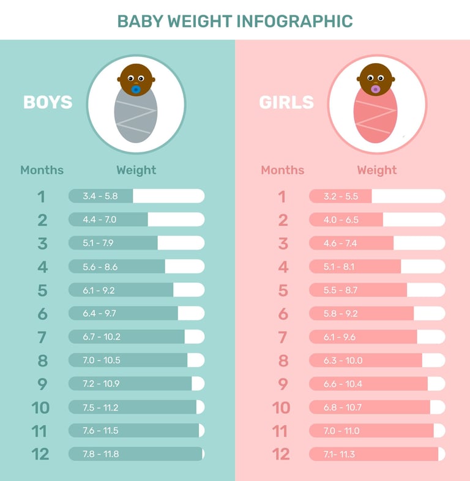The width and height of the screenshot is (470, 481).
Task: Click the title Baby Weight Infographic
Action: tap(235, 21)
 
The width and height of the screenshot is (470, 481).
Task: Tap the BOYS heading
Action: tap(48, 102)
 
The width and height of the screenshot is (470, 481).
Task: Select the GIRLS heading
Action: tap(286, 102)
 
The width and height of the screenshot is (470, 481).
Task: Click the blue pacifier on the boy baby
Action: tap(136, 89)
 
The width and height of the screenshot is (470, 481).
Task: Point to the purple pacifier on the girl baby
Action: tap(375, 89)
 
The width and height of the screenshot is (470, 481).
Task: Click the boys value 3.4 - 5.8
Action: tap(100, 196)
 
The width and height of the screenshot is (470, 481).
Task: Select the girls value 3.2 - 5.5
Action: tap(340, 196)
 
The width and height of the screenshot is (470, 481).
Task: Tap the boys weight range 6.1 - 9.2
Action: tap(99, 290)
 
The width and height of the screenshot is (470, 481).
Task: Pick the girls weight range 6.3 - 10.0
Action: tap(343, 360)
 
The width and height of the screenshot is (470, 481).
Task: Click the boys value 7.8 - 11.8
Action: tap(100, 454)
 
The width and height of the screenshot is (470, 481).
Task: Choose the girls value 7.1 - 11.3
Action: tap(340, 454)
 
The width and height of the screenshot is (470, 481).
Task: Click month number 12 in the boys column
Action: tap(40, 454)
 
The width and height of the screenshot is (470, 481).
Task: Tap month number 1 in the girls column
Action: tap(282, 196)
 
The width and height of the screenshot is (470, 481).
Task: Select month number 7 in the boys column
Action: tap(42, 337)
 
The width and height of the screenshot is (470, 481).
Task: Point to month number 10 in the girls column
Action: tap(281, 408)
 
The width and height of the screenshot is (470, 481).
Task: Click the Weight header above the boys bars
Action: tap(136, 170)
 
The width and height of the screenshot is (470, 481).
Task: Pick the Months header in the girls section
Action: tap(282, 170)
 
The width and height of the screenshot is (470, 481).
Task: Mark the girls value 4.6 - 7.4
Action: tap(340, 244)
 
